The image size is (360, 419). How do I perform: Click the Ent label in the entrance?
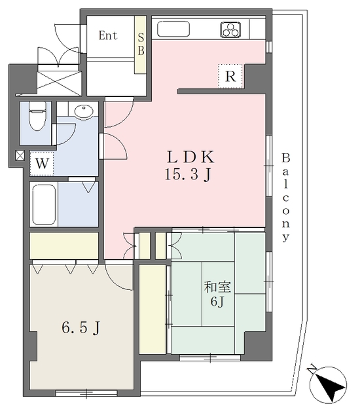pos(107,35)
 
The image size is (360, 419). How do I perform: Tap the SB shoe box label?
pos(141,44)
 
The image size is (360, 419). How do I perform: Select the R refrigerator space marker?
pos(231,77)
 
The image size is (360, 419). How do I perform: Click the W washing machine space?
pos(42,164)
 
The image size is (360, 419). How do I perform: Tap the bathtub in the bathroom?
pos(44,204)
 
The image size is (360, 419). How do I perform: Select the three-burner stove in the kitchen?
pos(230,29)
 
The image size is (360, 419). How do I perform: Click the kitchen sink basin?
pos(173,29)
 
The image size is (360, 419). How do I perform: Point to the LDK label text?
pos(190,158)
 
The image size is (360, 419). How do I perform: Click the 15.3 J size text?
pos(189,175)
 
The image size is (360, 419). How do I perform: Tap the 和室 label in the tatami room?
pos(217,287)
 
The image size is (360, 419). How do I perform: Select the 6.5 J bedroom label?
pos(81,327)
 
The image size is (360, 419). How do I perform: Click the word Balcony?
pos(286,197)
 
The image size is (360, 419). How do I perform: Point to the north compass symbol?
pos(328,385)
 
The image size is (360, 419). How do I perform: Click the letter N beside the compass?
pos(312,369)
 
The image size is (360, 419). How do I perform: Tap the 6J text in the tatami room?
pos(217,302)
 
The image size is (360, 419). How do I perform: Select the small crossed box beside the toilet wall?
pos(20,155)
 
